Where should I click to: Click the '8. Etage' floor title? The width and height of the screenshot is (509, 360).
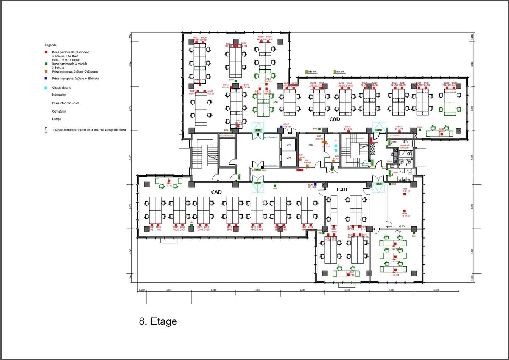point(158,321)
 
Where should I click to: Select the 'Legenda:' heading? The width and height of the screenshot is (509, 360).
point(51,45)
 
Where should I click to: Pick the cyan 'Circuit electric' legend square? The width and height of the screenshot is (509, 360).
point(47,87)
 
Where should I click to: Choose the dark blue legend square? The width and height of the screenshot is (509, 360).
point(47,78)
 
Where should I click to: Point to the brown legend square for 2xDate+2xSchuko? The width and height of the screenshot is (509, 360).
point(47,73)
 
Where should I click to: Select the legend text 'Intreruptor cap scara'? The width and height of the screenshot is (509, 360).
point(66,103)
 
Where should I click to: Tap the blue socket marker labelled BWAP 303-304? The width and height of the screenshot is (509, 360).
point(281,127)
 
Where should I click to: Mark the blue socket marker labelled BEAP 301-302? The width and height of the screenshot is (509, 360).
point(316,184)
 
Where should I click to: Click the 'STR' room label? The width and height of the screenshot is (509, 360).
point(310,145)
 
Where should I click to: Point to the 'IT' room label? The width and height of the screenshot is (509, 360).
point(335,140)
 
